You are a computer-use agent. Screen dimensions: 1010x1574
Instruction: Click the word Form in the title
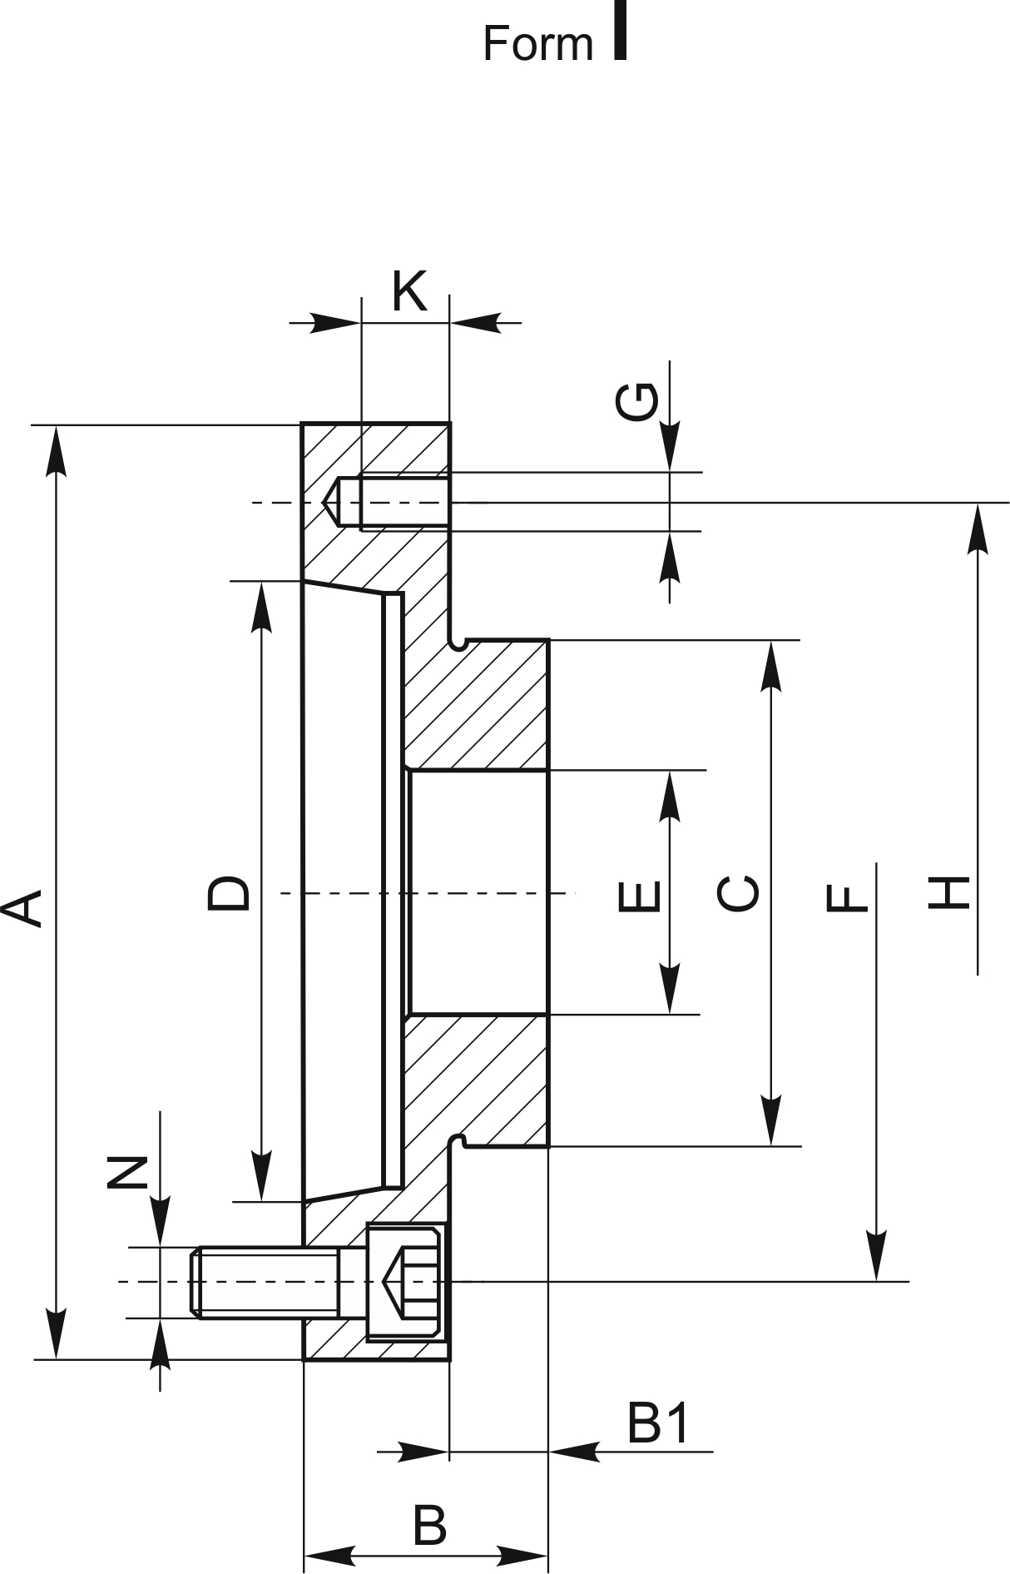(x=537, y=43)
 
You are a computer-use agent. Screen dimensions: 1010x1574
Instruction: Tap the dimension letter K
(x=409, y=290)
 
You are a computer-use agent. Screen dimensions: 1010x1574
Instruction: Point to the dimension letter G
(x=636, y=401)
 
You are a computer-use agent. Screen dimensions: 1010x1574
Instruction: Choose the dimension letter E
(x=641, y=896)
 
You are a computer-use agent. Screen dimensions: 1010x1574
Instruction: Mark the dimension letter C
(x=737, y=892)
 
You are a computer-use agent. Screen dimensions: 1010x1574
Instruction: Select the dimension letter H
(x=948, y=893)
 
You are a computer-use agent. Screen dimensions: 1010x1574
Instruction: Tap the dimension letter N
(x=127, y=1173)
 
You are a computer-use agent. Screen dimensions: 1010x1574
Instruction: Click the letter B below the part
(x=429, y=1525)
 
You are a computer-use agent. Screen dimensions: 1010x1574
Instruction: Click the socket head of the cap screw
(x=404, y=1282)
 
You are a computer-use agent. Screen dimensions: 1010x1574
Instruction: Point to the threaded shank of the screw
(x=266, y=1282)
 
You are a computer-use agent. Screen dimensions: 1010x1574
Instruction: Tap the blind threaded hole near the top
(x=387, y=503)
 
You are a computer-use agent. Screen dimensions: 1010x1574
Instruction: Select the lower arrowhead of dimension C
(x=772, y=1120)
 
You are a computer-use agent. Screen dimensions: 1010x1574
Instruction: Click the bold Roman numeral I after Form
(x=619, y=30)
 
